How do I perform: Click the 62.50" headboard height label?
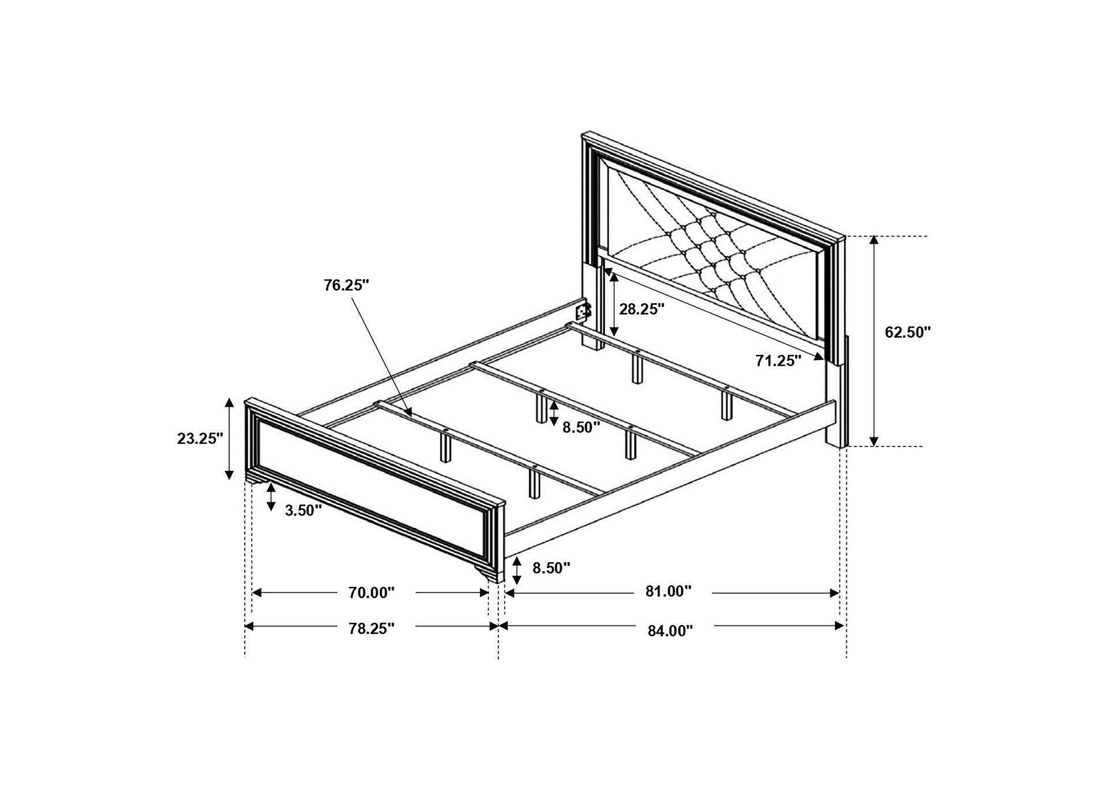pyautogui.click(x=908, y=332)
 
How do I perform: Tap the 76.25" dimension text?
pyautogui.click(x=346, y=286)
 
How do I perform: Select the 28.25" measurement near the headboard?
pyautogui.click(x=642, y=309)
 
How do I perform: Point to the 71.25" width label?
pyautogui.click(x=778, y=361)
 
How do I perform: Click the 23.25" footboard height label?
pyautogui.click(x=200, y=438)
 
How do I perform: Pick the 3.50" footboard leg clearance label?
pyautogui.click(x=303, y=510)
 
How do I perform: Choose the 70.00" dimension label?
pyautogui.click(x=371, y=593)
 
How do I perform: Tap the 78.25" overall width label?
pyautogui.click(x=371, y=629)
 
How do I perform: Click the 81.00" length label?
pyautogui.click(x=668, y=591)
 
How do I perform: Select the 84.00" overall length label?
pyautogui.click(x=669, y=631)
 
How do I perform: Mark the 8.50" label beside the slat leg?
pyautogui.click(x=581, y=427)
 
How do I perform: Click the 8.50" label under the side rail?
pyautogui.click(x=551, y=568)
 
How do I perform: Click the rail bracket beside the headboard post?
pyautogui.click(x=583, y=313)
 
